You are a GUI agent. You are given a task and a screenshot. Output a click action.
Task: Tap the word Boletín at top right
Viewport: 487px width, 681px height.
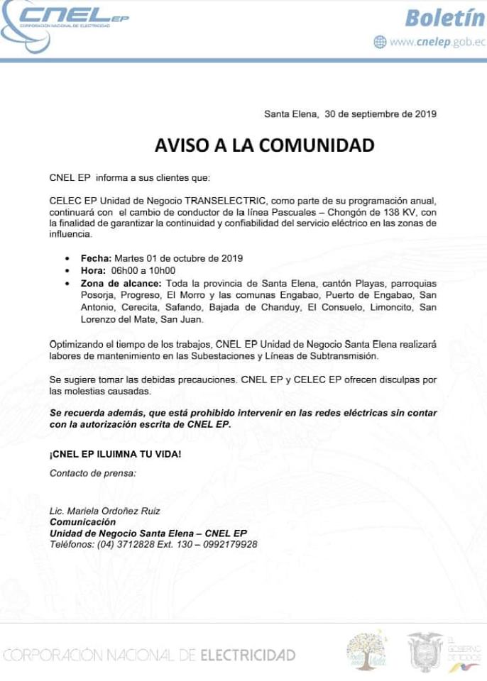pyautogui.click(x=444, y=17)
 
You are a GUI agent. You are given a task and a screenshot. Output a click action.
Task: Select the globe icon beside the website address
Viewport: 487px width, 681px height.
pyautogui.click(x=380, y=42)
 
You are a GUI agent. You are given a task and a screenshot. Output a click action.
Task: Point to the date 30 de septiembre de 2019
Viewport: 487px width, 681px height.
pyautogui.click(x=380, y=113)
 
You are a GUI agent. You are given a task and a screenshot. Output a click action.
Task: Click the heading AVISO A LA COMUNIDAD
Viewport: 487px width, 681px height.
pyautogui.click(x=264, y=145)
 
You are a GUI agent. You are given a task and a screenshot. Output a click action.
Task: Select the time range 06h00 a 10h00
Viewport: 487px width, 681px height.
pyautogui.click(x=143, y=270)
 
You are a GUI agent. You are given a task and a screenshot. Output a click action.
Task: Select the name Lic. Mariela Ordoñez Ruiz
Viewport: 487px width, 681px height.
pyautogui.click(x=104, y=511)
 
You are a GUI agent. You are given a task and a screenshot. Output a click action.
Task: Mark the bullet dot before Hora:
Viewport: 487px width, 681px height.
pyautogui.click(x=67, y=271)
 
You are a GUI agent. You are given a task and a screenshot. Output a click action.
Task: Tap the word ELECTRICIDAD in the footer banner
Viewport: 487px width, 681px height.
pyautogui.click(x=248, y=655)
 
